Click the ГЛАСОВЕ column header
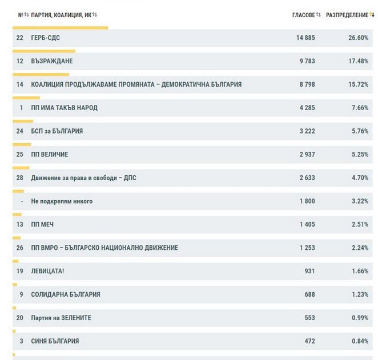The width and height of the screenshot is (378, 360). pos(303,15)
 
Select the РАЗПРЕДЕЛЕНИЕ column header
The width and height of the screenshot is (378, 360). pos(347,15)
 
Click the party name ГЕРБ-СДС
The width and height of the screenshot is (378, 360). pos(46,38)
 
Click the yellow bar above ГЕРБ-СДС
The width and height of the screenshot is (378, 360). pos(60,27)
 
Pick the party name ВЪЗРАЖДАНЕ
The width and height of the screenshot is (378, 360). pos(52,61)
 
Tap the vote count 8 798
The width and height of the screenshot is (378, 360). pos(305,84)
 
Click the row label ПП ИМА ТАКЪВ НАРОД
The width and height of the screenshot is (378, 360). pos(65,108)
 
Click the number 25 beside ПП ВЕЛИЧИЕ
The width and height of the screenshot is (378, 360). pos(20,155)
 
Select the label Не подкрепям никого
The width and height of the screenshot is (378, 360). pos(62,201)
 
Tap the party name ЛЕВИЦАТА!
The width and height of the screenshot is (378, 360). pos(47,271)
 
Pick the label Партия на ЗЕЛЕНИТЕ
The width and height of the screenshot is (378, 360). pos(61,318)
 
